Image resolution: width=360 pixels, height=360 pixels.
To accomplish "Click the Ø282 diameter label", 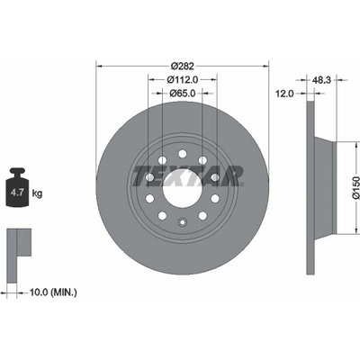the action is pos(183,66).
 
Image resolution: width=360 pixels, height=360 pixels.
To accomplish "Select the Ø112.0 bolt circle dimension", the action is pos(183,79).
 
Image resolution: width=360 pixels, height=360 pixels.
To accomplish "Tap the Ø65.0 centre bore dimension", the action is pos(183,94).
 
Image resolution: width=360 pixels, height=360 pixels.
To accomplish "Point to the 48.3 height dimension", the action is pos(321,80).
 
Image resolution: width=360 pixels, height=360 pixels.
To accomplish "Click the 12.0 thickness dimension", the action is pos(284,94).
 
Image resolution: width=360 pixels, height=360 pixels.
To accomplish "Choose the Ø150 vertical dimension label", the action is pos(355,187).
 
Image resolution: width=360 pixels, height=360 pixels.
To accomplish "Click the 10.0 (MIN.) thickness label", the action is pos(53,292).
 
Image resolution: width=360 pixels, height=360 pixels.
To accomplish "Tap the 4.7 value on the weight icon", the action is pos(17,193).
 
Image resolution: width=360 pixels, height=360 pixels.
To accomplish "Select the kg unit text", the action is pos(37,193).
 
